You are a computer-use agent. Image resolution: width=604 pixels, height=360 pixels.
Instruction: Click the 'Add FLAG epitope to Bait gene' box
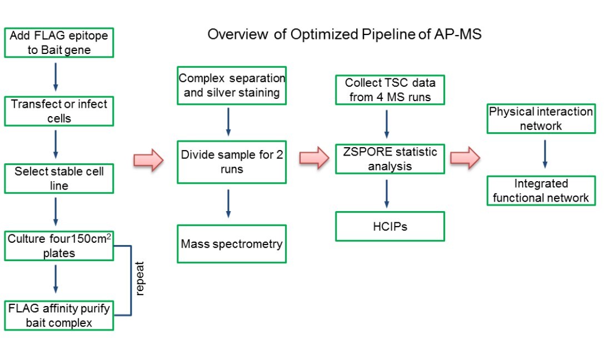(x=58, y=43)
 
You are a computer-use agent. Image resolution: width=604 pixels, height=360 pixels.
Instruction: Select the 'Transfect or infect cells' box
(x=58, y=111)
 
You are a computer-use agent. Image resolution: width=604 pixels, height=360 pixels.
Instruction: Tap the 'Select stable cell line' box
(x=58, y=178)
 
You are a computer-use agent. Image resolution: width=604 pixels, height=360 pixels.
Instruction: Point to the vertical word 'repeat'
(x=139, y=281)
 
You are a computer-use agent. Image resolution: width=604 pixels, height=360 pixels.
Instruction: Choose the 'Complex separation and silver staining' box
(x=232, y=86)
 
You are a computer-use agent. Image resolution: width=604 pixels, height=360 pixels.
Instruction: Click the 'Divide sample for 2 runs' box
(x=232, y=161)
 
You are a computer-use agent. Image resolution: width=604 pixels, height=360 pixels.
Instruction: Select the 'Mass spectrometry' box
(x=232, y=244)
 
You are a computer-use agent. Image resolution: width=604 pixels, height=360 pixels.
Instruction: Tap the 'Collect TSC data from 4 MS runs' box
(x=390, y=90)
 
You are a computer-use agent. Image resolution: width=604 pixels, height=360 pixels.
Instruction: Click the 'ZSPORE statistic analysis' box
(x=390, y=158)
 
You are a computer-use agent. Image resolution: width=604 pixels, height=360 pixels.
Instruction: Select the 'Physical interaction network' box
(x=541, y=118)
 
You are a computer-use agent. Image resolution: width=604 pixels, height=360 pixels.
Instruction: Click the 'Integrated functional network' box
(x=541, y=190)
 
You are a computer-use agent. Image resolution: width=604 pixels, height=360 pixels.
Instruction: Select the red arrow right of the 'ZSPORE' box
(x=465, y=158)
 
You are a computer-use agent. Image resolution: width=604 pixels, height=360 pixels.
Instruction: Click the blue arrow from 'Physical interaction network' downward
(x=545, y=153)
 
